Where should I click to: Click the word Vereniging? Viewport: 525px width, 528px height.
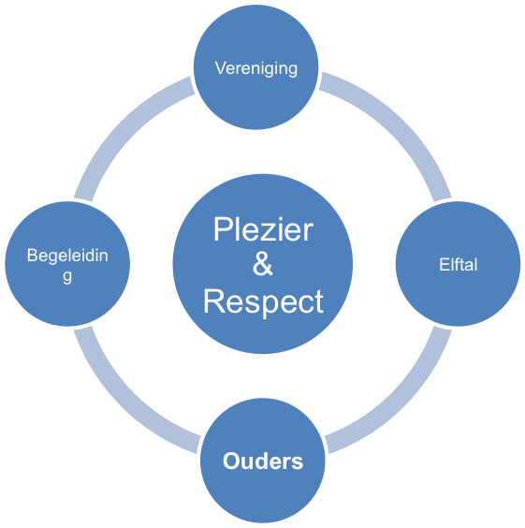(256, 68)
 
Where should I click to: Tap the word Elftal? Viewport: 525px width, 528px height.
(458, 264)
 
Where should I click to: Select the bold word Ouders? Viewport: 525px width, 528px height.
(263, 461)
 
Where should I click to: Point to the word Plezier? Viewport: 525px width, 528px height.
(263, 229)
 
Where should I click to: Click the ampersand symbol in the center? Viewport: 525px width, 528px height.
(262, 264)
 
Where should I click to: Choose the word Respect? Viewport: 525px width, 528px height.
(263, 302)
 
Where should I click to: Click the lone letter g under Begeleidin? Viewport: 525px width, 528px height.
(67, 277)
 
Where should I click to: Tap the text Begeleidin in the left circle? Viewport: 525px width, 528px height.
(67, 256)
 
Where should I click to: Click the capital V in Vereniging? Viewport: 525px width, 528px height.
(221, 67)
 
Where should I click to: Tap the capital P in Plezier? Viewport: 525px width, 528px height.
(222, 229)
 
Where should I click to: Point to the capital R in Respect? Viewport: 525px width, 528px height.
(212, 301)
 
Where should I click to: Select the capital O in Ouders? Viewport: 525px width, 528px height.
(231, 461)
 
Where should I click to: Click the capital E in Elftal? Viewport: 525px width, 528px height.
(445, 264)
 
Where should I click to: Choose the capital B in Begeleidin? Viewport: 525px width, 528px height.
(33, 256)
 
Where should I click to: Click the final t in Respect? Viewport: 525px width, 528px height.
(319, 302)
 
